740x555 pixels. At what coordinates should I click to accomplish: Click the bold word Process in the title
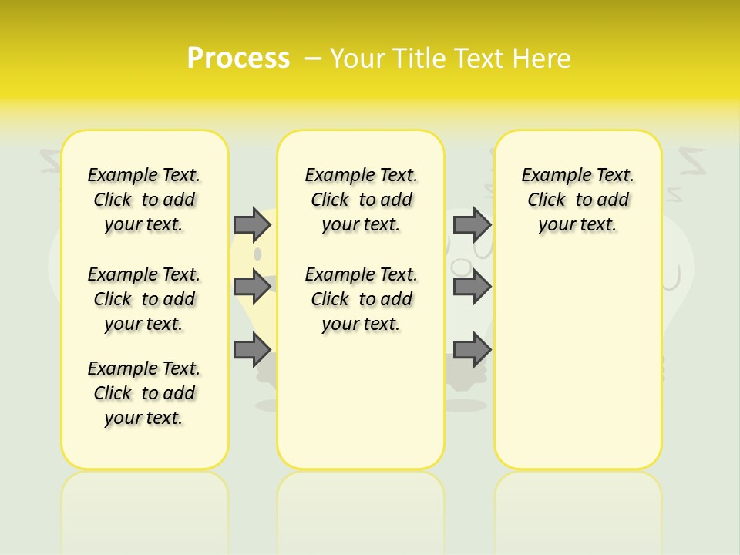pyautogui.click(x=238, y=58)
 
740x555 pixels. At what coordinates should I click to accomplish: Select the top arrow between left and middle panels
pyautogui.click(x=252, y=224)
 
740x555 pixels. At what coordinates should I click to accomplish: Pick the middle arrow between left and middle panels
pyautogui.click(x=252, y=287)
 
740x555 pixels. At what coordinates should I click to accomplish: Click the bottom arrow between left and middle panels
pyautogui.click(x=252, y=350)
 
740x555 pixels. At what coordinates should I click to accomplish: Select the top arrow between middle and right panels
pyautogui.click(x=472, y=224)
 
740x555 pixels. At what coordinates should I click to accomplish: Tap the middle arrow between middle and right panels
pyautogui.click(x=472, y=287)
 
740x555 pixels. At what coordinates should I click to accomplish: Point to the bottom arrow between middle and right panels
pyautogui.click(x=472, y=350)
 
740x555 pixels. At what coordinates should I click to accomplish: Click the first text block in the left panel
pyautogui.click(x=144, y=200)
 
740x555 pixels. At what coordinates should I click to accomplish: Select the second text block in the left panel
pyautogui.click(x=144, y=299)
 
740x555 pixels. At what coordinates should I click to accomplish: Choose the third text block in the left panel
pyautogui.click(x=144, y=393)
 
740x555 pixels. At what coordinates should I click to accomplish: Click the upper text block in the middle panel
pyautogui.click(x=361, y=200)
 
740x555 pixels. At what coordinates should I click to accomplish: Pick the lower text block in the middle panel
pyautogui.click(x=361, y=299)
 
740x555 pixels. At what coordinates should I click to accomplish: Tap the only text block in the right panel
pyautogui.click(x=578, y=200)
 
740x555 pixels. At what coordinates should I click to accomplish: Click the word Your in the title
pyautogui.click(x=358, y=58)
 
